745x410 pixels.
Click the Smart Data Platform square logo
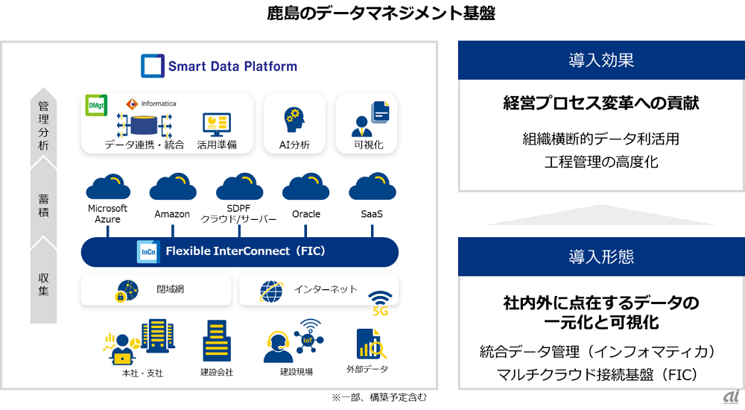click(152, 66)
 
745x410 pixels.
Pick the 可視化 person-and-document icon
click(369, 119)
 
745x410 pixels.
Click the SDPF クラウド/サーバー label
click(238, 214)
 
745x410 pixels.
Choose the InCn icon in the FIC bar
click(147, 251)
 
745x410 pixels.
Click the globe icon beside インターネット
click(271, 290)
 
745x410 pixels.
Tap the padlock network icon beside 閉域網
click(126, 291)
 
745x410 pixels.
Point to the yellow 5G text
click(380, 311)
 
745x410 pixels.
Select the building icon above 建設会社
click(217, 341)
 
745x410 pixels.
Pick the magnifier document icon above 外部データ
click(368, 344)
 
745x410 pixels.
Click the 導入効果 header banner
click(601, 60)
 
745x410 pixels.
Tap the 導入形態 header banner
click(601, 256)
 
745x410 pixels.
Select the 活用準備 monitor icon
click(217, 123)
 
